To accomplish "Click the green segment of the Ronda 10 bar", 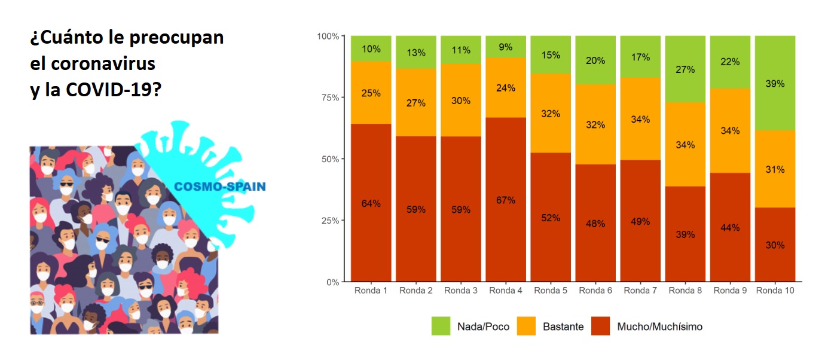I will click(775, 66).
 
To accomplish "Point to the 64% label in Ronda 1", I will click(371, 203).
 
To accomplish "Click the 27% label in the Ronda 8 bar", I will click(685, 69).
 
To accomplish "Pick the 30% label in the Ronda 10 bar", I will click(775, 245).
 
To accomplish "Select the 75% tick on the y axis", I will click(328, 97).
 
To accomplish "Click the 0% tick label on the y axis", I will click(332, 282).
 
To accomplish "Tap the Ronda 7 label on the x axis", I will click(640, 291).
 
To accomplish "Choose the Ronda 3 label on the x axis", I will click(460, 291).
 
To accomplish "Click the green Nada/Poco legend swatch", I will click(441, 327).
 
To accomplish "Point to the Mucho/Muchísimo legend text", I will click(659, 327).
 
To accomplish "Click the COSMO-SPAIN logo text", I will click(219, 187).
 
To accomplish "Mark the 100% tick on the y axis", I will click(328, 36).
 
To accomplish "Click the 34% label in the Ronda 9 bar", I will click(730, 130).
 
